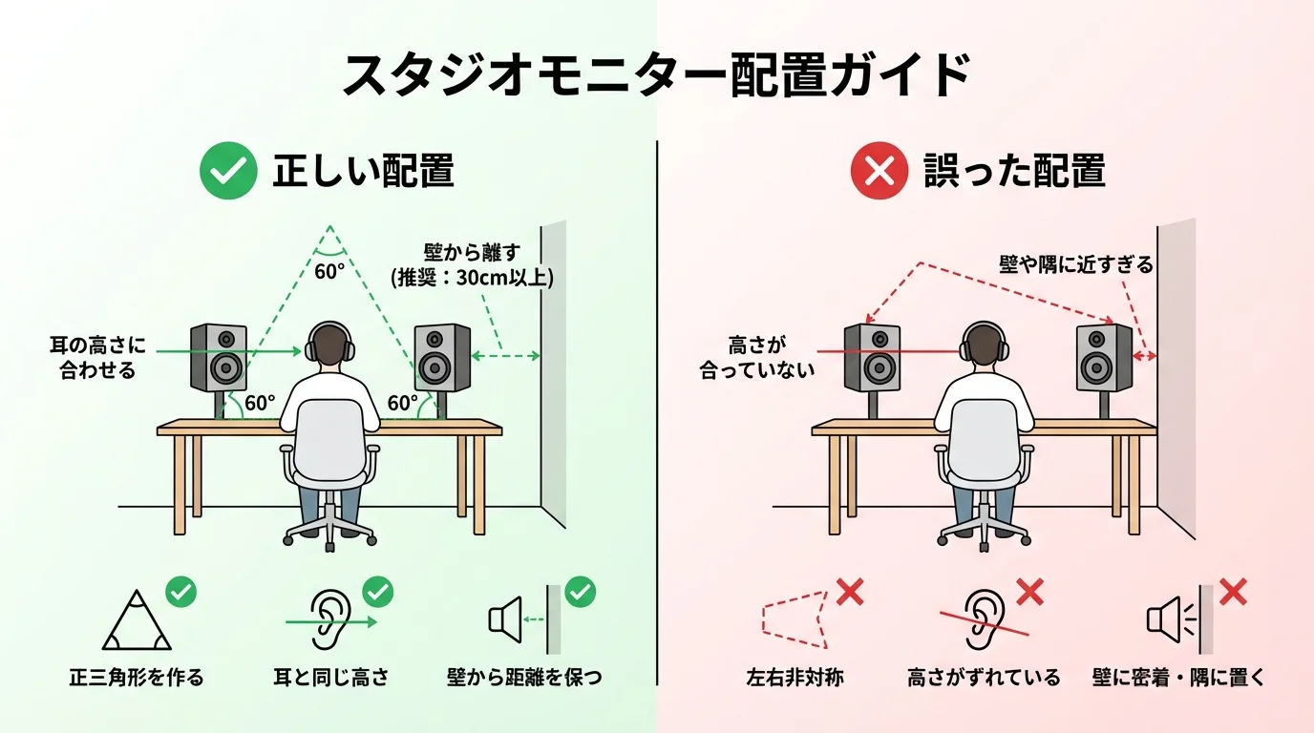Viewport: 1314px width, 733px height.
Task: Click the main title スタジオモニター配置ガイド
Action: pos(656,74)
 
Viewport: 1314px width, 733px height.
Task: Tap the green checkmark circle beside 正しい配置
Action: pos(228,172)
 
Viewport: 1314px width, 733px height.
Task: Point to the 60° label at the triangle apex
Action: pos(328,271)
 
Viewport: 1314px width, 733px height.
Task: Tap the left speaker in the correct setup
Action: pos(219,357)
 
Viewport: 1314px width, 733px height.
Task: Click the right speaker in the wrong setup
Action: pos(1104,357)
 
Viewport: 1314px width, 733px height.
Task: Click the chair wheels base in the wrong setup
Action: pos(984,532)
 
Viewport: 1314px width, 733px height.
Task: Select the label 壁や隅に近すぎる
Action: pos(1076,264)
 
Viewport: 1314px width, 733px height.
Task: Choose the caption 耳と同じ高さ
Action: pos(330,678)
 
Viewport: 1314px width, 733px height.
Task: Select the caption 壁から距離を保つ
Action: pos(524,678)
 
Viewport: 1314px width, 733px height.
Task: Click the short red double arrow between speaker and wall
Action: pos(1144,356)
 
